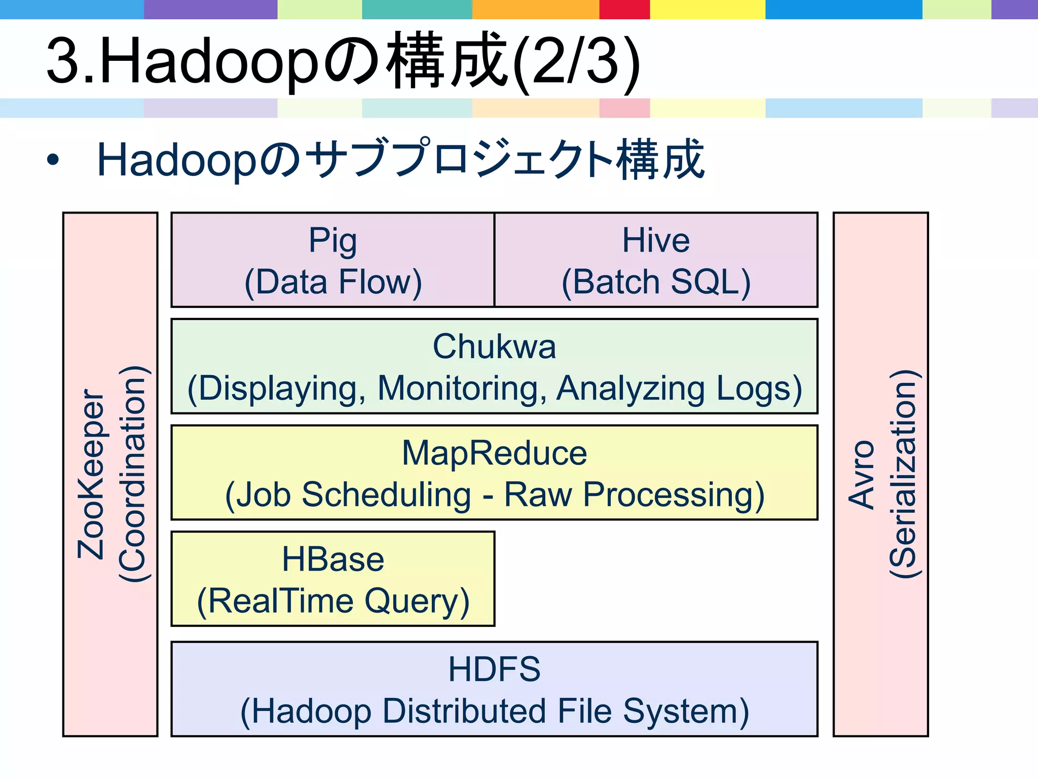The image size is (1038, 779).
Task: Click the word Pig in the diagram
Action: click(x=332, y=240)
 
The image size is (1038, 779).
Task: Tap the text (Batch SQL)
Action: click(x=656, y=282)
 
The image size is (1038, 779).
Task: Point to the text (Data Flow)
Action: click(x=333, y=282)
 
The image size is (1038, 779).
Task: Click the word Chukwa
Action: click(x=494, y=347)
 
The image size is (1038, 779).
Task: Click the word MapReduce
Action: click(x=494, y=453)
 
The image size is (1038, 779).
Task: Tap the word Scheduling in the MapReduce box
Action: click(x=386, y=494)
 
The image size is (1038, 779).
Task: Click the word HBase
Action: click(x=333, y=559)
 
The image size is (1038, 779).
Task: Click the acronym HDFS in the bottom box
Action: click(x=494, y=669)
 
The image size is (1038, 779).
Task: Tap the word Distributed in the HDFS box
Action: click(x=464, y=711)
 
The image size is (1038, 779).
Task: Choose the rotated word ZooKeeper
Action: click(x=91, y=474)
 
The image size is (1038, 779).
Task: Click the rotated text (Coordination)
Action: click(x=133, y=474)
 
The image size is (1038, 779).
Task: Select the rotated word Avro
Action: click(x=861, y=474)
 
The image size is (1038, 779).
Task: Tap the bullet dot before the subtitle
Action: click(x=53, y=160)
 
